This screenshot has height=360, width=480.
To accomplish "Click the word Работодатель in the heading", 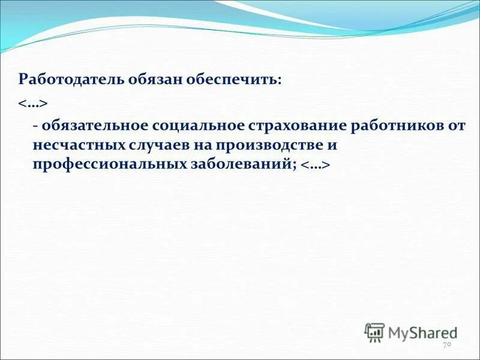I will click(70, 80).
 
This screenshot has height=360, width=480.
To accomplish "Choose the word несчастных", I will click(78, 146).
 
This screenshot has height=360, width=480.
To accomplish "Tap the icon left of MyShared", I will click(374, 332).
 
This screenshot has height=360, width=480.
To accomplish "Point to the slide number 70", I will click(446, 345).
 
